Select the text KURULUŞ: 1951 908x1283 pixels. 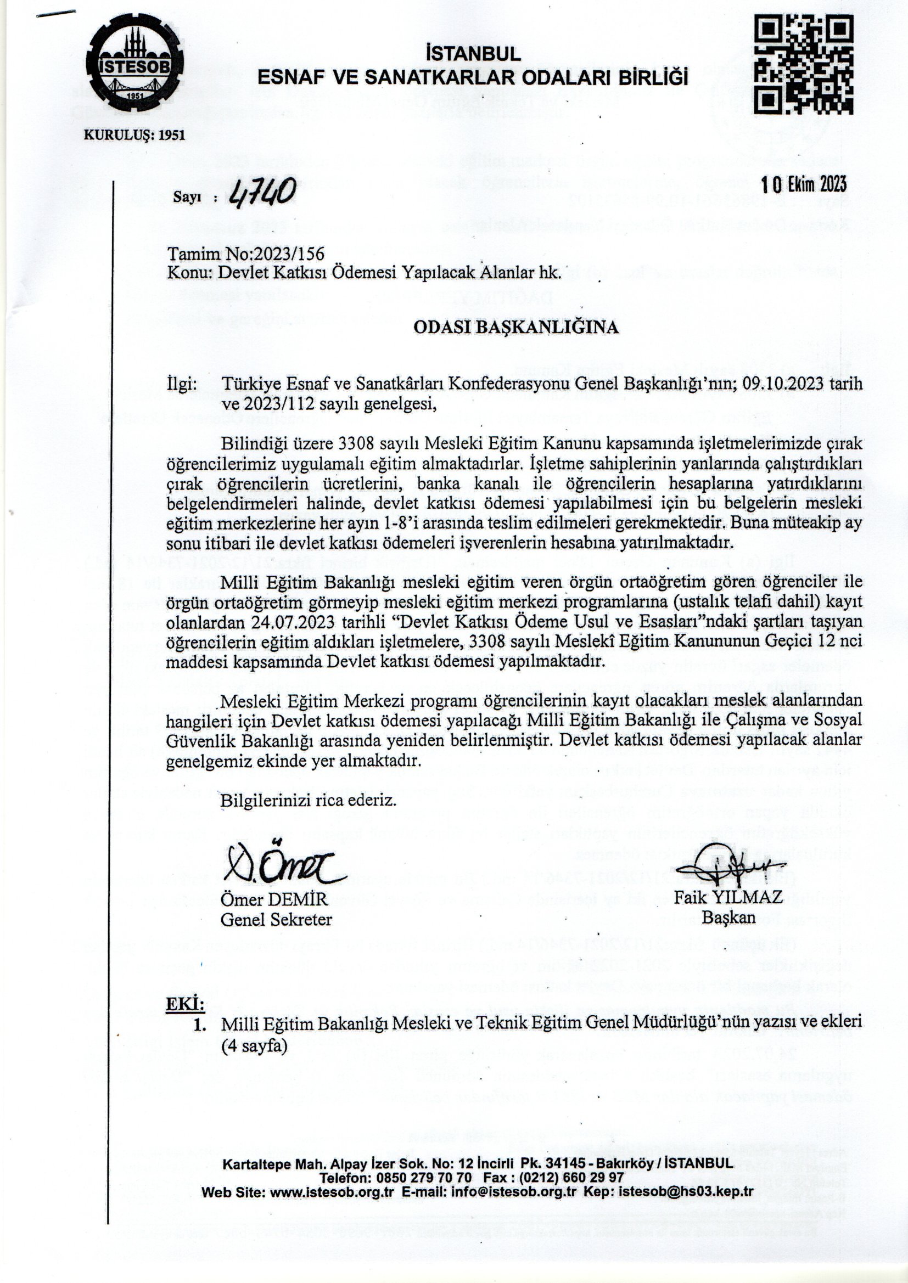[133, 135]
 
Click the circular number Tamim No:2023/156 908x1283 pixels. [246, 254]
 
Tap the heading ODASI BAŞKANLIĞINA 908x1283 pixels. [515, 327]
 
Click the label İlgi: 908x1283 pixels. [182, 384]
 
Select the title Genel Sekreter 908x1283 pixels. [276, 919]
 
